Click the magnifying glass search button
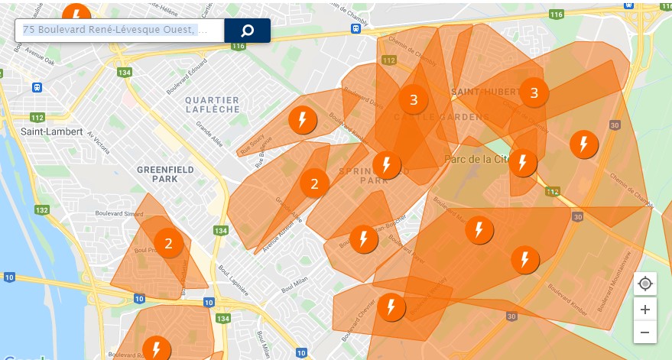(x=247, y=31)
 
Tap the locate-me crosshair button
(x=645, y=284)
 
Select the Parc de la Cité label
(x=476, y=160)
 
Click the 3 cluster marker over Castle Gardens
(x=414, y=99)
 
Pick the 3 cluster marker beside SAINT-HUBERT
(x=534, y=93)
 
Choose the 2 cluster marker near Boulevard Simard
(x=168, y=244)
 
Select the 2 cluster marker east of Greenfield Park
(x=314, y=183)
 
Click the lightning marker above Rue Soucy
(x=303, y=120)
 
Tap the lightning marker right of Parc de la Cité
(x=523, y=163)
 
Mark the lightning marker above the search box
(x=76, y=13)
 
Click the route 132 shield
(x=41, y=210)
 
